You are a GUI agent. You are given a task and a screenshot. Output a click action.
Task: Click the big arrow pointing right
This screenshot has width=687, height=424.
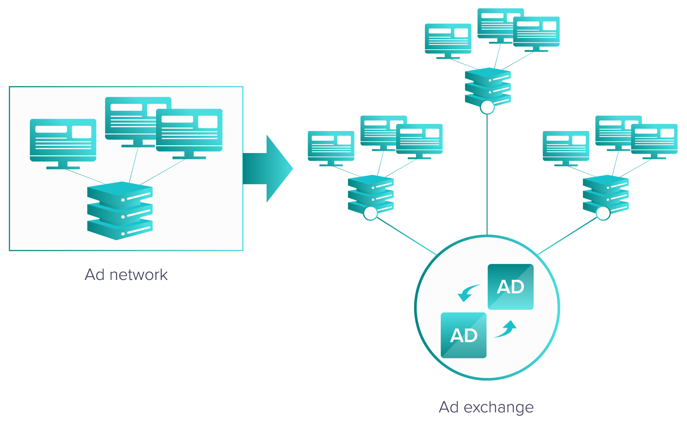[x=267, y=169]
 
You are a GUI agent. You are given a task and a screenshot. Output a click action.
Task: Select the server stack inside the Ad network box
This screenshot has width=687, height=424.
[x=120, y=211]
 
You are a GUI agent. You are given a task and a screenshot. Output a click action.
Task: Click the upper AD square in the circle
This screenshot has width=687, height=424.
[x=510, y=287]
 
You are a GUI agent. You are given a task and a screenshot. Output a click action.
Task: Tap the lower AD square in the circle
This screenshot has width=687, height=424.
[x=463, y=335]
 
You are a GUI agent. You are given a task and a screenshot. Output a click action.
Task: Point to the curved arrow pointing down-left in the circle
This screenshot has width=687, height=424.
[x=467, y=293]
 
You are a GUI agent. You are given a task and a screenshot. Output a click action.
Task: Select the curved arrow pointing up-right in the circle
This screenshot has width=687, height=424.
[x=507, y=329]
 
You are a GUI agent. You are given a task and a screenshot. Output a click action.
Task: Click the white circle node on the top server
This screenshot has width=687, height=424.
[x=487, y=107]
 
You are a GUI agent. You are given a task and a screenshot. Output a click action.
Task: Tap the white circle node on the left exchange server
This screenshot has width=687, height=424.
[x=370, y=213]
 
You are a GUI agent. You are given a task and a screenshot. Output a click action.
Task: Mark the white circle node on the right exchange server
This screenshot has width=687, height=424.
[x=603, y=213]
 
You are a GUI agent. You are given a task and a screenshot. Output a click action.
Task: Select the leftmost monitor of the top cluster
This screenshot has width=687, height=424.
[x=448, y=39]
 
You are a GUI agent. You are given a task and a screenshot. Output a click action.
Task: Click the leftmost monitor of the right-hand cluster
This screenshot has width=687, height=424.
[x=566, y=146]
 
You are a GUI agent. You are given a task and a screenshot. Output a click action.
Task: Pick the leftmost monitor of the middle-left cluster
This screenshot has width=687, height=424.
[x=331, y=146]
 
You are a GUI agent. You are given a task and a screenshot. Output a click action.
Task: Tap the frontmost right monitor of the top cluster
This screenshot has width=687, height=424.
[x=536, y=31]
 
